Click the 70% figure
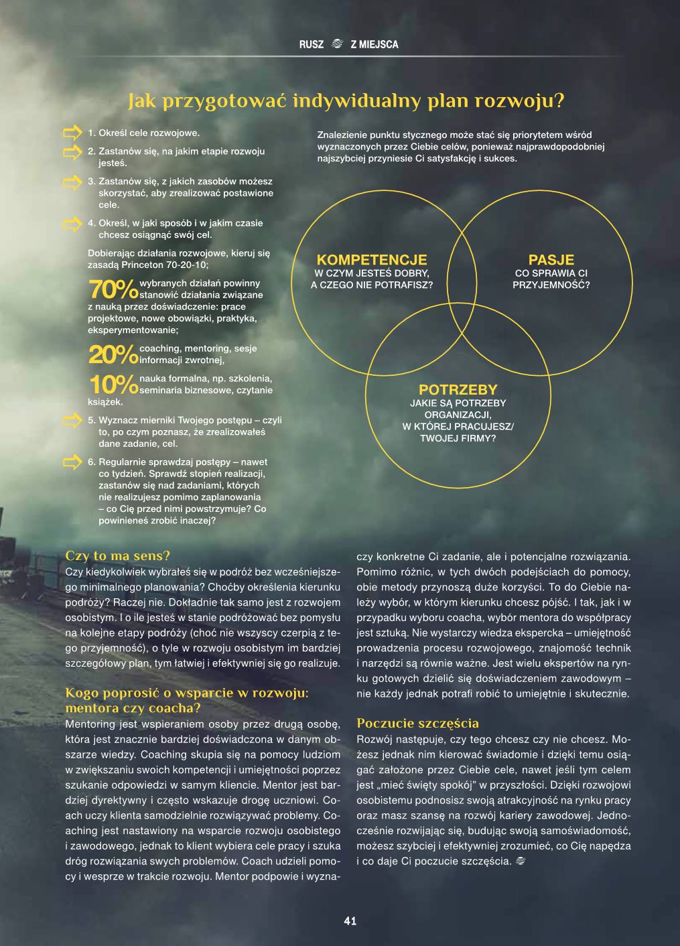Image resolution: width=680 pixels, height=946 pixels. (113, 289)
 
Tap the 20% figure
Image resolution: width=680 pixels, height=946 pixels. (113, 354)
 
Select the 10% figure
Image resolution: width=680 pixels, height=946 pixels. (113, 385)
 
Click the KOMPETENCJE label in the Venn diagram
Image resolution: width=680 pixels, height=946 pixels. (371, 260)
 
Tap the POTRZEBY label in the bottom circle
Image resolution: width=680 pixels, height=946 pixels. (458, 390)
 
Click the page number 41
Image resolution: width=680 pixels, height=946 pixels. (350, 921)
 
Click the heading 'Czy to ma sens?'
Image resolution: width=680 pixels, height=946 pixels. (118, 555)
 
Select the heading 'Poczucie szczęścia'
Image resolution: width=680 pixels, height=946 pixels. (417, 723)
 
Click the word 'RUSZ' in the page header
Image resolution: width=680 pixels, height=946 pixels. (311, 44)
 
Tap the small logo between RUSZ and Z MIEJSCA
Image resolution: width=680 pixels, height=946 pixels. (337, 44)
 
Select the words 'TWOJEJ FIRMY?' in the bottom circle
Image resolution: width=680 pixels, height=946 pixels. (458, 438)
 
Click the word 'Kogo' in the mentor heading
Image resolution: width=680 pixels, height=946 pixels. (80, 693)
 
